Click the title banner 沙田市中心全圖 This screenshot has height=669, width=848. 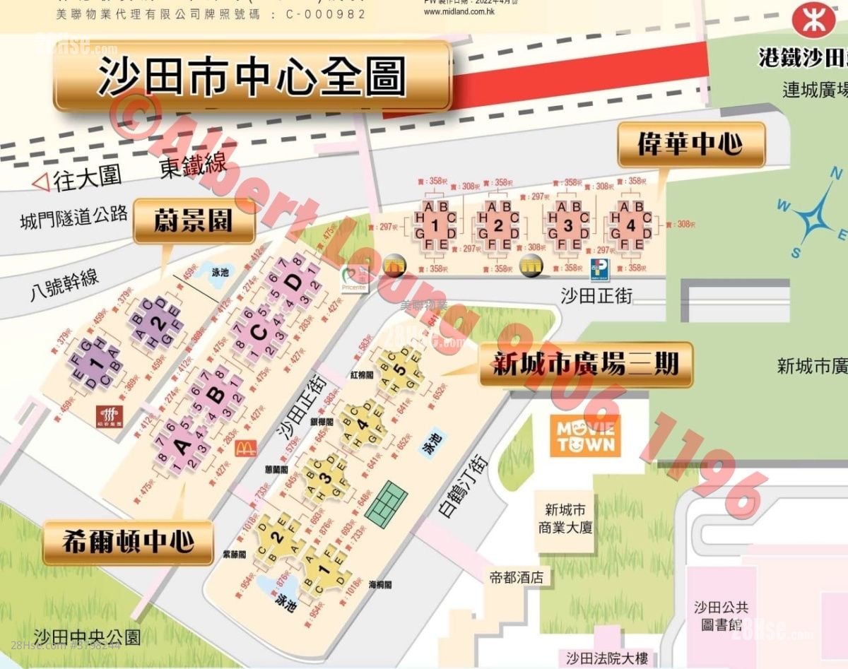pos(252,76)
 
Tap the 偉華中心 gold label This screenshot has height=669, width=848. pos(690,145)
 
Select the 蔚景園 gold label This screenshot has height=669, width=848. pos(193,221)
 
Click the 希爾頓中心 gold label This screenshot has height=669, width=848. pos(128,542)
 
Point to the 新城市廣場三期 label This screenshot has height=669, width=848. pos(585,365)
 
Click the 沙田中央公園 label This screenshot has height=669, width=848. pos(87,636)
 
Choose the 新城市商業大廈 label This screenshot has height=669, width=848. pos(565,519)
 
